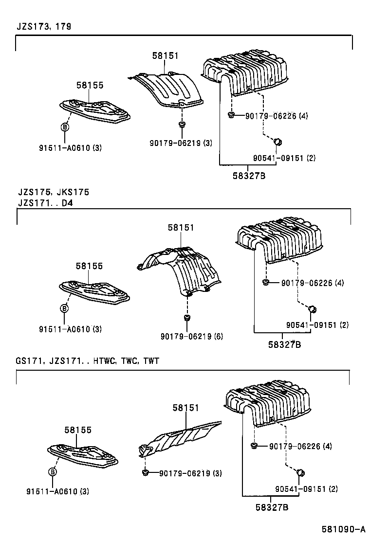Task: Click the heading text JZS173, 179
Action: (44, 27)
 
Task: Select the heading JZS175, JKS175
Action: (53, 192)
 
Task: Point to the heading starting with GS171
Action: (87, 361)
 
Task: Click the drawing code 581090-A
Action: (343, 529)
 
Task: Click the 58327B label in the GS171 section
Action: (272, 507)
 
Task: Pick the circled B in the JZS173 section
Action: (64, 126)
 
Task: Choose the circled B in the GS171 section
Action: (53, 471)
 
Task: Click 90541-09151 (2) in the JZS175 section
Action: (317, 325)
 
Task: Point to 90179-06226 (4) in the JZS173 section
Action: (277, 116)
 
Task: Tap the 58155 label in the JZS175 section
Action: (89, 266)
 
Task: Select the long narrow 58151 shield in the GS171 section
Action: (180, 436)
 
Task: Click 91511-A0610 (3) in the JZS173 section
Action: (71, 148)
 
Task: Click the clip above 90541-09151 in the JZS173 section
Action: (278, 141)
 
